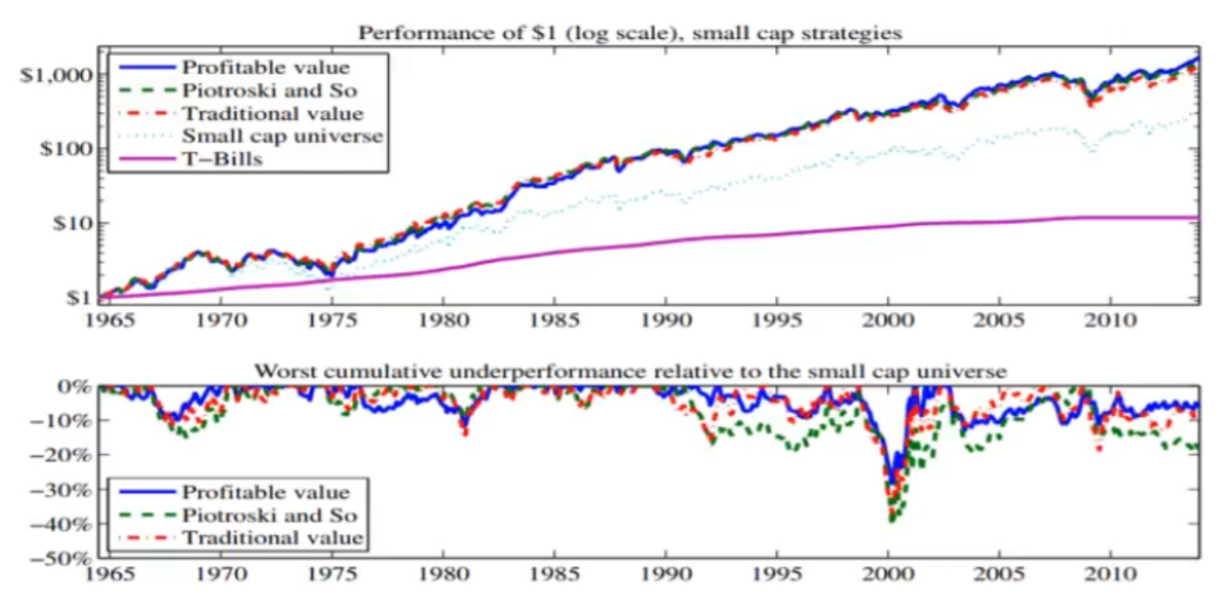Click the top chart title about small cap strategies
(x=629, y=33)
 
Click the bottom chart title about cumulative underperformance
(x=629, y=371)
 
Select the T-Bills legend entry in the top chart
(x=222, y=159)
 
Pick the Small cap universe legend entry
(x=282, y=136)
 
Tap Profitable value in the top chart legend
(x=265, y=67)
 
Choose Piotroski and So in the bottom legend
(x=269, y=515)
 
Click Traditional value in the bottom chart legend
(x=272, y=538)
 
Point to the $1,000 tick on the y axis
(x=57, y=75)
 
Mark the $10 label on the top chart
(x=71, y=223)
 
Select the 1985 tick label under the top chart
(x=554, y=320)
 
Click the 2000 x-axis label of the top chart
(x=888, y=320)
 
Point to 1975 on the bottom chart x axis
(x=332, y=573)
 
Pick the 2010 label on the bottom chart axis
(x=1111, y=573)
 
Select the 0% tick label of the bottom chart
(x=74, y=387)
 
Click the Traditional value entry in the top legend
(x=272, y=113)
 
